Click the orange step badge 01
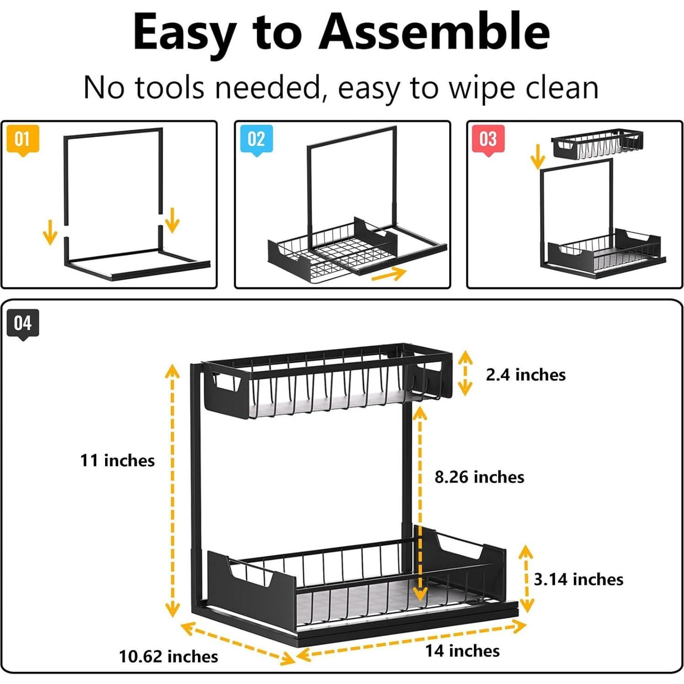22,139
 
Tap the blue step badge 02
256,139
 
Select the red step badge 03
488,139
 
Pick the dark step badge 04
22,323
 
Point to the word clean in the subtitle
562,88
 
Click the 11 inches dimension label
117,461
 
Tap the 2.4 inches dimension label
525,375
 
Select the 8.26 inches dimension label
479,477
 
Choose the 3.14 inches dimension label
578,579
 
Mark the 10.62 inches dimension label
168,657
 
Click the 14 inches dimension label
462,651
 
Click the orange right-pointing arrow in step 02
388,275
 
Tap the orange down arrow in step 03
538,156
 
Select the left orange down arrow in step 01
50,232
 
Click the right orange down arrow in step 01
172,220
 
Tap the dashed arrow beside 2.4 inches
465,373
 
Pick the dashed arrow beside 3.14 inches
526,578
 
